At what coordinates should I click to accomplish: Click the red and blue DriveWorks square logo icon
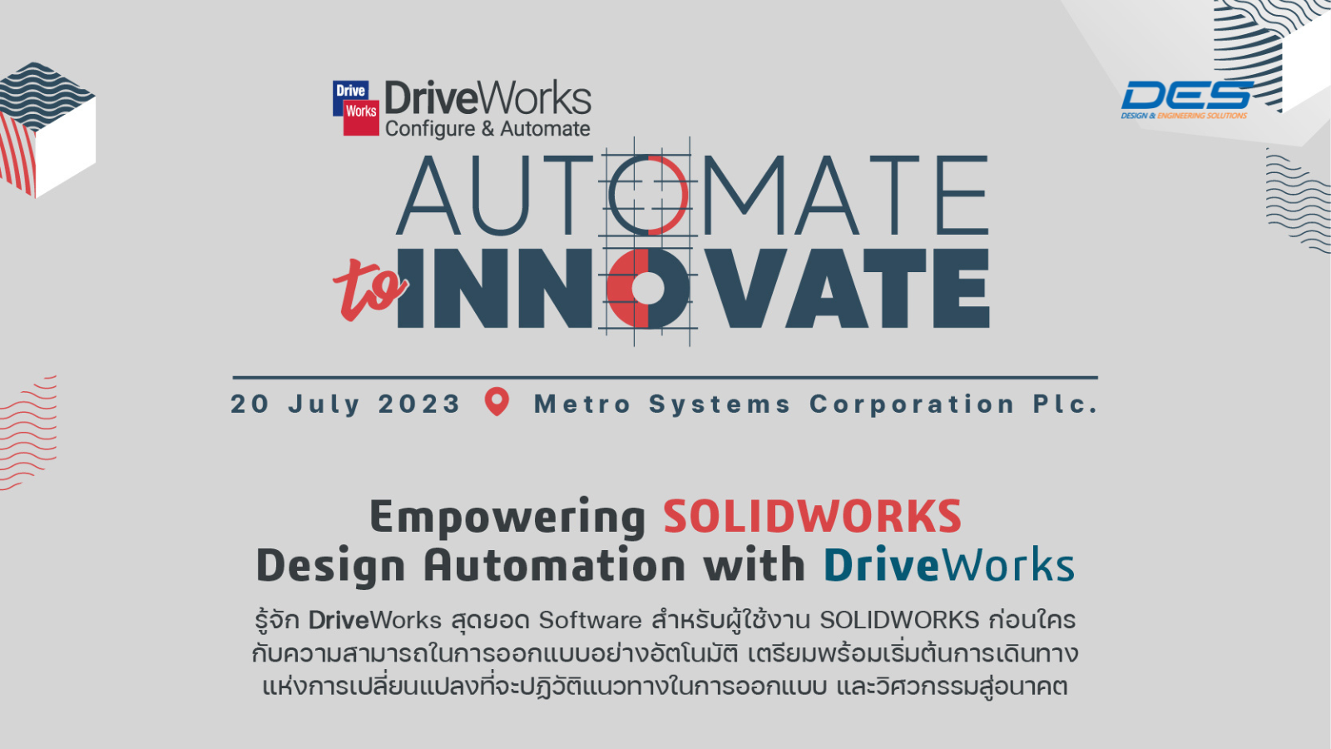pyautogui.click(x=356, y=107)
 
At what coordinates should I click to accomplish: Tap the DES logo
pyautogui.click(x=1186, y=100)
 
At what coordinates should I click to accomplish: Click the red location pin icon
pyautogui.click(x=497, y=402)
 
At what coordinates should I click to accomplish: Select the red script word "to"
pyautogui.click(x=370, y=291)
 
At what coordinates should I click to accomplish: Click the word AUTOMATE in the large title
pyautogui.click(x=692, y=195)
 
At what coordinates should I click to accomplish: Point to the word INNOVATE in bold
pyautogui.click(x=693, y=288)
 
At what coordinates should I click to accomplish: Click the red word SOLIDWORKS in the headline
pyautogui.click(x=812, y=516)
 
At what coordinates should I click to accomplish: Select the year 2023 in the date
pyautogui.click(x=419, y=404)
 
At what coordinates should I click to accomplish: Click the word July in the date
pyautogui.click(x=324, y=405)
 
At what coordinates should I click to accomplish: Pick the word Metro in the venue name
pyautogui.click(x=582, y=404)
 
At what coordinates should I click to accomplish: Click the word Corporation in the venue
pyautogui.click(x=912, y=405)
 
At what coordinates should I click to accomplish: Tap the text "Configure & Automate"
pyautogui.click(x=487, y=129)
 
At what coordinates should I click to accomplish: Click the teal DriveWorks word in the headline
pyautogui.click(x=949, y=565)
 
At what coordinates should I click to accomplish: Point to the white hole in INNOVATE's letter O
pyautogui.click(x=647, y=288)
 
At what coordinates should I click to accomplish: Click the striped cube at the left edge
pyautogui.click(x=47, y=130)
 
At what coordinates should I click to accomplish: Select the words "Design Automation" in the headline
pyautogui.click(x=471, y=567)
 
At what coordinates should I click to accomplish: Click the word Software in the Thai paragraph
pyautogui.click(x=590, y=621)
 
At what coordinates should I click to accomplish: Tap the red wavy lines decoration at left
pyautogui.click(x=28, y=433)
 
